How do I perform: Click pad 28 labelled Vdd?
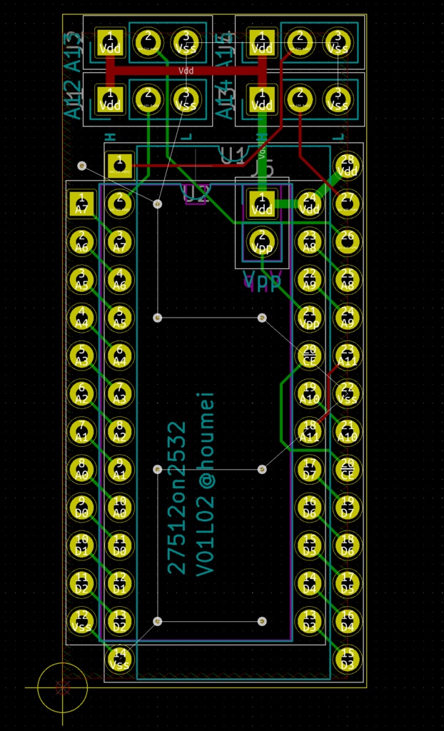(x=348, y=166)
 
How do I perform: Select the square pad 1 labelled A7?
(x=81, y=205)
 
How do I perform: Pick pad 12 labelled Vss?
(x=81, y=620)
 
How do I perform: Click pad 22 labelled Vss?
(x=348, y=393)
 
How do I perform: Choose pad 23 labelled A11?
(x=348, y=356)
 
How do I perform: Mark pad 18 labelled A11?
(x=310, y=431)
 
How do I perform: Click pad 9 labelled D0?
(x=81, y=507)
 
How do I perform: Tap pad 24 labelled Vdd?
(x=310, y=204)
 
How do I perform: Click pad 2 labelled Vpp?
(x=263, y=243)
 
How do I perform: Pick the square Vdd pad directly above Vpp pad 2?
(x=263, y=204)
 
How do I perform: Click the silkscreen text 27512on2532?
(x=177, y=498)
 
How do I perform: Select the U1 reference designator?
(x=233, y=154)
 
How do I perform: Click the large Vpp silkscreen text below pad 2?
(x=263, y=281)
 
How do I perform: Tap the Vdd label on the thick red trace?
(x=186, y=71)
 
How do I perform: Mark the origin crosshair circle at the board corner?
(x=63, y=687)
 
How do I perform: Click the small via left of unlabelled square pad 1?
(x=81, y=166)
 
